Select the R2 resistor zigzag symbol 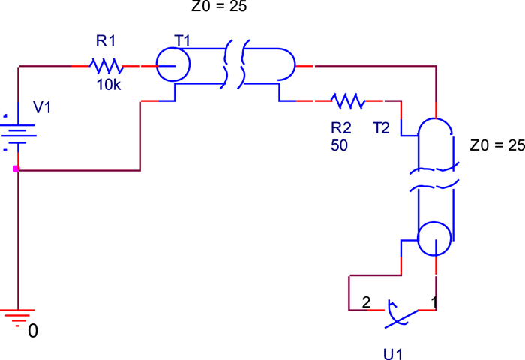(347, 100)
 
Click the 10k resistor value (109, 85)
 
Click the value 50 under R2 (339, 145)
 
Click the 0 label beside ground (32, 330)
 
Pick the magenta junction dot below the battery (17, 169)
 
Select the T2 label (382, 128)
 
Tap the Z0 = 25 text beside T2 (496, 145)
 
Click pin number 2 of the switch (366, 303)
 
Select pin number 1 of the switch (432, 302)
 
